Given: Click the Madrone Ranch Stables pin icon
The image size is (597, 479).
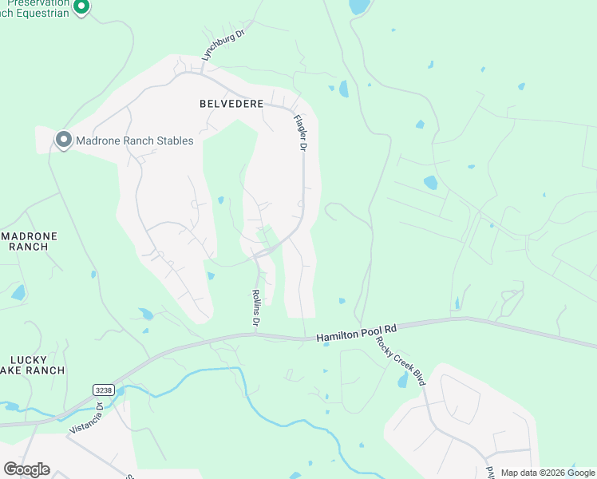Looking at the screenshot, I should click(64, 140).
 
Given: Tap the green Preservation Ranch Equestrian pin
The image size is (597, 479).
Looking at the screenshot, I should click(81, 7).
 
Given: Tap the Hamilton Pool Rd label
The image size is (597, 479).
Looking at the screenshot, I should click(356, 334).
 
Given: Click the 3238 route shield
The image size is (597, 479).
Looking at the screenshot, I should click(102, 390).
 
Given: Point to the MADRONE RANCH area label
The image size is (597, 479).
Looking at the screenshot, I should click(24, 241).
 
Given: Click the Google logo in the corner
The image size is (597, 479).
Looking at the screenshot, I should click(26, 469).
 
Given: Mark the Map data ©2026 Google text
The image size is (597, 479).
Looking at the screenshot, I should click(548, 473).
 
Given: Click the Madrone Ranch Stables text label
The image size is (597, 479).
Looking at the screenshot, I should click(134, 141).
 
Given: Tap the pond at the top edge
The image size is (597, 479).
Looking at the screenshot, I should click(359, 6).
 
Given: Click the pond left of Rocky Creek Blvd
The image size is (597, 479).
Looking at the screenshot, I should click(402, 381).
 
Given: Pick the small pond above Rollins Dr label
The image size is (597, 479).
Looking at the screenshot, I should click(211, 276).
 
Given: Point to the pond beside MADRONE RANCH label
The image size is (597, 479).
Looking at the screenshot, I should click(18, 292).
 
